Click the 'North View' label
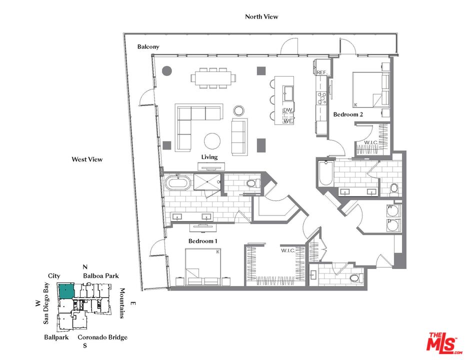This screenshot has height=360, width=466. coord(261,16)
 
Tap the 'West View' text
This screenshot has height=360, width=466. coord(87,159)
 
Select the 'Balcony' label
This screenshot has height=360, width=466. coord(148,47)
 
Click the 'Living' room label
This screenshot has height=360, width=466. coord(209,157)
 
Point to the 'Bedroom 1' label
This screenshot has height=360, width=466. coord(203,241)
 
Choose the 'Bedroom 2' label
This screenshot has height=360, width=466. coord(348,114)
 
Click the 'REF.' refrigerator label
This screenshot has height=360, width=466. coord(322,73)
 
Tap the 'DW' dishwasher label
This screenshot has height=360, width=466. coord(287,110)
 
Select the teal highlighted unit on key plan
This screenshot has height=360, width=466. coord(66,291)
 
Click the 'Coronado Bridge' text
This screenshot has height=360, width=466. coord(102,337)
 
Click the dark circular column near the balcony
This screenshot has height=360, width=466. coord(166,71)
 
